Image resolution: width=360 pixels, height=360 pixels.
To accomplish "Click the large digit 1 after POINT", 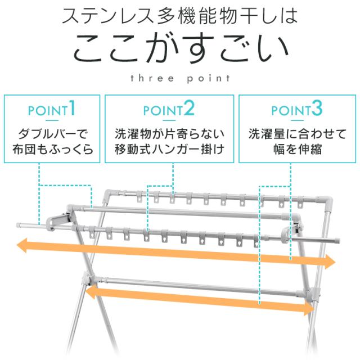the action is pyautogui.click(x=72, y=107).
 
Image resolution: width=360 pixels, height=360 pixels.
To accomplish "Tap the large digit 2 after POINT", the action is pyautogui.click(x=189, y=108).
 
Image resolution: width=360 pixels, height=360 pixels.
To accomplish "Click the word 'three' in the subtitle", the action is pyautogui.click(x=152, y=78).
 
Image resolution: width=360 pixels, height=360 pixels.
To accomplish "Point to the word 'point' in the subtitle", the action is pyautogui.click(x=208, y=79).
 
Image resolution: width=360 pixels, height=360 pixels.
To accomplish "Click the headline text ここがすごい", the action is pyautogui.click(x=181, y=49).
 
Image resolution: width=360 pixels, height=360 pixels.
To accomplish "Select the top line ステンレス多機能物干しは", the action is pyautogui.click(x=179, y=16).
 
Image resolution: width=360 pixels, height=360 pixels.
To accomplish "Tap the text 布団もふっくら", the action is pyautogui.click(x=52, y=149).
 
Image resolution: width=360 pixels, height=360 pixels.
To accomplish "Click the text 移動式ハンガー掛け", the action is pyautogui.click(x=169, y=149).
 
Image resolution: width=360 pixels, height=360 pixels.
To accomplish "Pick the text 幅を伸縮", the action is pyautogui.click(x=298, y=149).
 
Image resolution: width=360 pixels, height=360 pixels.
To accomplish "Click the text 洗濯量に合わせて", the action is pyautogui.click(x=298, y=134).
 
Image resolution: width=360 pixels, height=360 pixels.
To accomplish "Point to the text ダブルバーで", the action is pyautogui.click(x=52, y=134).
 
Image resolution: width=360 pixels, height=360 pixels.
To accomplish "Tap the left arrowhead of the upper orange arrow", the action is pyautogui.click(x=22, y=245).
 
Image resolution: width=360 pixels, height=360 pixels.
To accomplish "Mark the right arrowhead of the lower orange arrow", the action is pyautogui.click(x=309, y=308).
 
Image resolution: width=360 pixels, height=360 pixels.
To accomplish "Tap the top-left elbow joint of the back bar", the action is pyautogui.click(x=110, y=194).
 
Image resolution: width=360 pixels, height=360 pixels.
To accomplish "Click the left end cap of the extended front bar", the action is pyautogui.click(x=19, y=225).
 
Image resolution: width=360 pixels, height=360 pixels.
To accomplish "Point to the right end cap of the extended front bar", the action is pyautogui.click(x=337, y=241).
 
